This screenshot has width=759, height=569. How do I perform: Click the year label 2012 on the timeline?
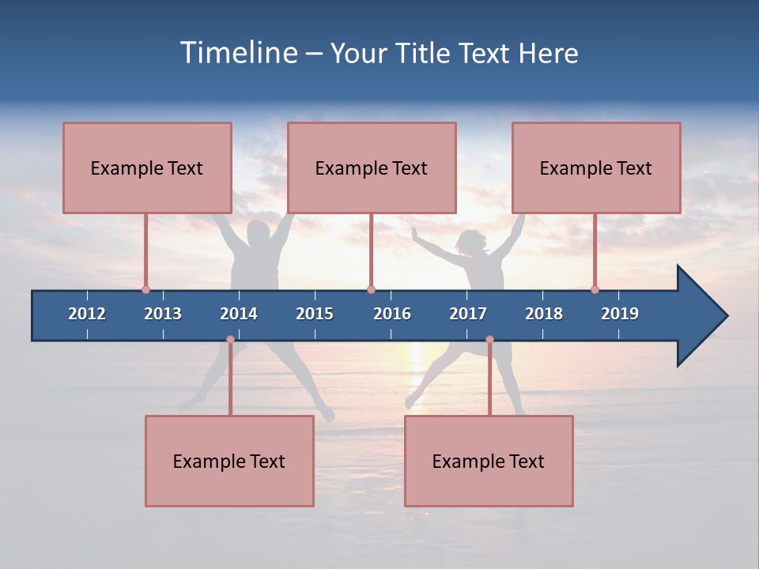coord(87,314)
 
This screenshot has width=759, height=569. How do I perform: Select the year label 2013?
coord(163,314)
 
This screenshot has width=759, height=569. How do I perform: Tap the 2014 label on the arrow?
coord(239,314)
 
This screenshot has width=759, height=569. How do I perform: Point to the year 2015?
coord(315,314)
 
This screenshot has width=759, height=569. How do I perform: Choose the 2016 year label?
coord(392,314)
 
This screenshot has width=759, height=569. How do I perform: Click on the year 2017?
coord(468,314)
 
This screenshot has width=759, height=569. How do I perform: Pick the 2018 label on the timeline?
coord(544,314)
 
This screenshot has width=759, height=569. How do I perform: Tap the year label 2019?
coord(620,314)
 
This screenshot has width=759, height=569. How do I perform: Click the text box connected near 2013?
coord(147,168)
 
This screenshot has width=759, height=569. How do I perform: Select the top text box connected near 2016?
coord(372,168)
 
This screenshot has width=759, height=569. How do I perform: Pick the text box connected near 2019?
coord(596,168)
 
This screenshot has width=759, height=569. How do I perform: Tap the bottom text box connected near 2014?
coord(229,461)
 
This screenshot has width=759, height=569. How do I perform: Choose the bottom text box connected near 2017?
coord(489,461)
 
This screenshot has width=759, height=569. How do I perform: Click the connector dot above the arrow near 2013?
coord(145,289)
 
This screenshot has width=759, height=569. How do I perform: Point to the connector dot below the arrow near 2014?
coord(230,340)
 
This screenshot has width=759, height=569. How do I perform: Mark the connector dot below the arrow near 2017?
coord(489,340)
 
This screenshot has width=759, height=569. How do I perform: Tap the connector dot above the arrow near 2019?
coord(595,289)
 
